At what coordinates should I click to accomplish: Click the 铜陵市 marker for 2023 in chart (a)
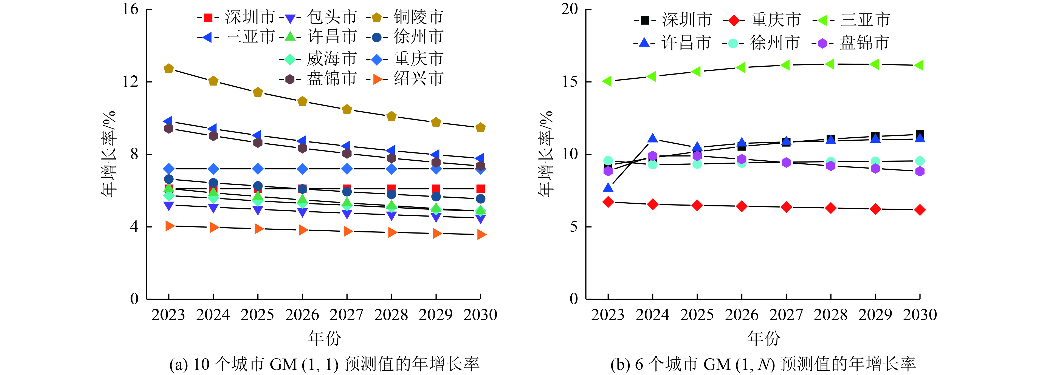point(169,69)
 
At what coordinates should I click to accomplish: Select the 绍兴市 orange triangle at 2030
point(481,235)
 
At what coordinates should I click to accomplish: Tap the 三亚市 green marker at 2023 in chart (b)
point(607,81)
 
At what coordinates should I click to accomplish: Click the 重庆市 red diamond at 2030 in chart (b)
point(920,210)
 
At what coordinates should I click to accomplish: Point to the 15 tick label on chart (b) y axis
point(570,82)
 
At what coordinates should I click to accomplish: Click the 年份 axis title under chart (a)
point(325,338)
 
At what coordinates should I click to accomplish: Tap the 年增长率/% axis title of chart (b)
point(546,154)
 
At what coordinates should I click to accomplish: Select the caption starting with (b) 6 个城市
point(763,364)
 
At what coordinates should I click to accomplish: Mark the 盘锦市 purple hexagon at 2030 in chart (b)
point(920,171)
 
